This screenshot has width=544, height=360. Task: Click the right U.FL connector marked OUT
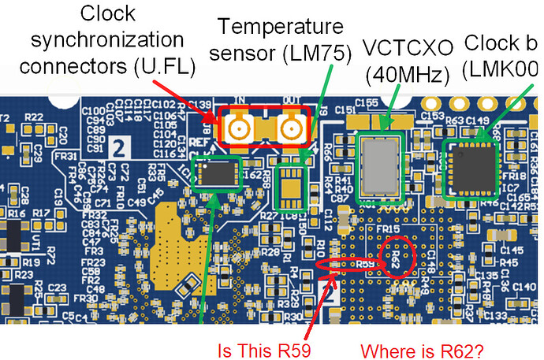coord(289,126)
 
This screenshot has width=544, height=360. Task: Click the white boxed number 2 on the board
coord(120,147)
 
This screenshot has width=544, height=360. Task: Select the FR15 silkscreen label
coord(386,229)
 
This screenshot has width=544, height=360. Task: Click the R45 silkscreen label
coord(509,263)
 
